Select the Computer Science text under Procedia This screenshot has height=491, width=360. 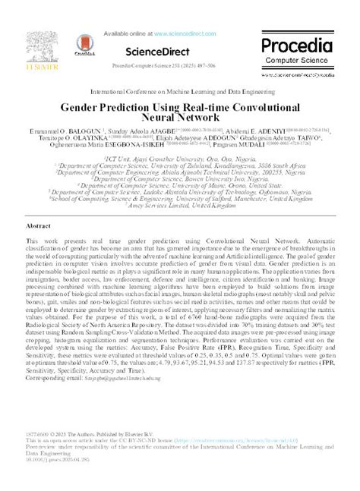coord(297,61)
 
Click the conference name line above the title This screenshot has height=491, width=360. coord(179,91)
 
